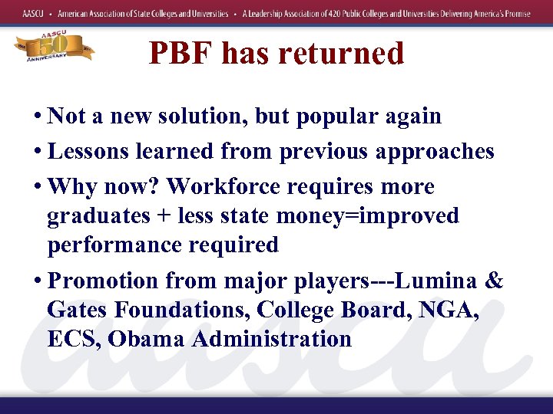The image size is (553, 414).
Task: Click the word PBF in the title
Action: click(x=180, y=53)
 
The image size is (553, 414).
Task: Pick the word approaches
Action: click(x=435, y=152)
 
